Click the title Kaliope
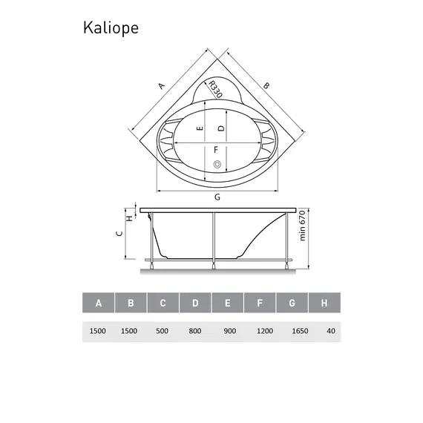[x=109, y=27]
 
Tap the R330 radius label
[x=215, y=91]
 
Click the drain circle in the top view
[x=217, y=164]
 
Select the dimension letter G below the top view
[x=217, y=197]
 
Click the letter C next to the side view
[x=119, y=233]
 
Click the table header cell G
[x=292, y=303]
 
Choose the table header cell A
[x=98, y=303]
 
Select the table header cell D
[x=195, y=303]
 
